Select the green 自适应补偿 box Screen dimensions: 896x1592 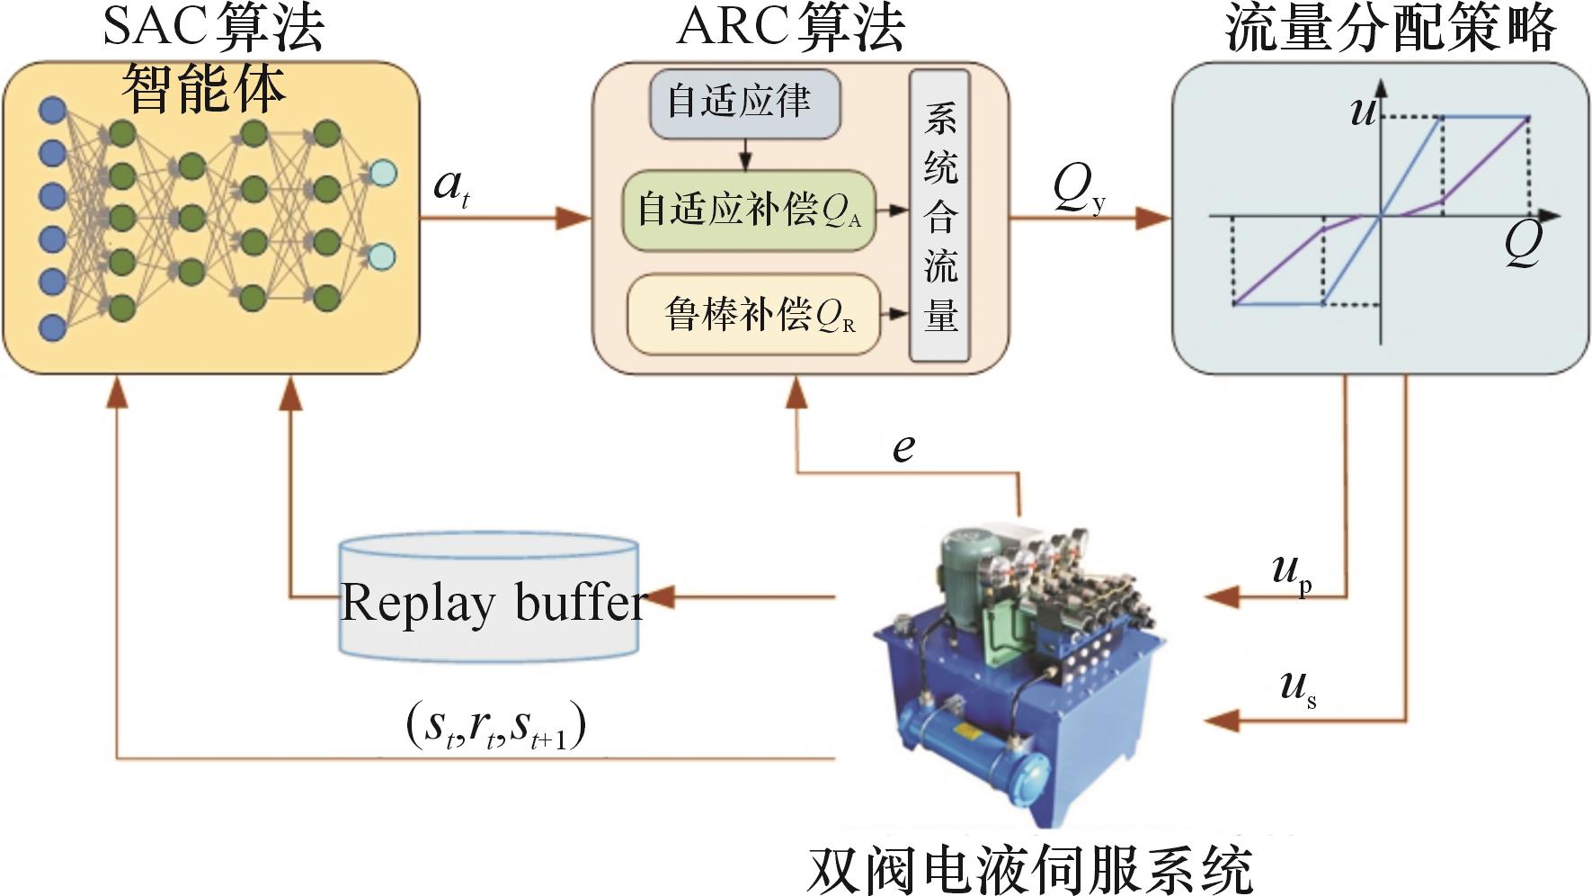tap(749, 210)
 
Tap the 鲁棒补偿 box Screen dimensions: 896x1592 tap(753, 314)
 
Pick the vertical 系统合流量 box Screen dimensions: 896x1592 tap(939, 216)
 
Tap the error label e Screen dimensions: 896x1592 tap(903, 446)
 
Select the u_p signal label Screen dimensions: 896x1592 tap(1292, 572)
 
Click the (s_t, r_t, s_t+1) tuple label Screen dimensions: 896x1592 tap(495, 727)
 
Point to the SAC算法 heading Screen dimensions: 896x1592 tap(213, 27)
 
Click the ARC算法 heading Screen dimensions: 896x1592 tap(790, 27)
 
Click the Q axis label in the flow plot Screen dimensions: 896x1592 tap(1524, 243)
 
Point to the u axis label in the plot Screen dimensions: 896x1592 tap(1364, 111)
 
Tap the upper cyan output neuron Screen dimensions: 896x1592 tap(383, 173)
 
